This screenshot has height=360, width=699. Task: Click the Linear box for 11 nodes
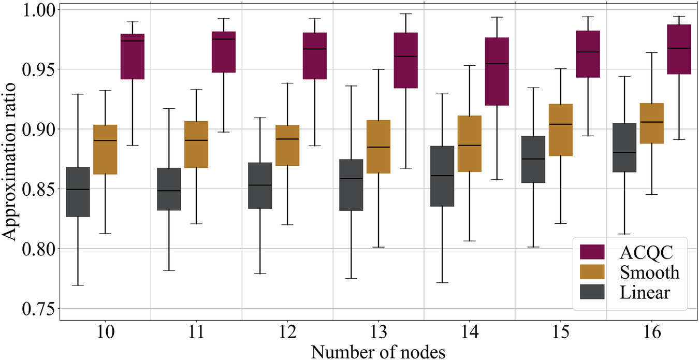(x=168, y=189)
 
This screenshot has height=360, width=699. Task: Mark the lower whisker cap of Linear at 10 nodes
(x=78, y=285)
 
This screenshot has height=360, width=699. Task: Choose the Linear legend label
(x=644, y=293)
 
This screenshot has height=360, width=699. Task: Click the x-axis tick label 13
(x=378, y=333)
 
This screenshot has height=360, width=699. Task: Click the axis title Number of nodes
(x=378, y=352)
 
